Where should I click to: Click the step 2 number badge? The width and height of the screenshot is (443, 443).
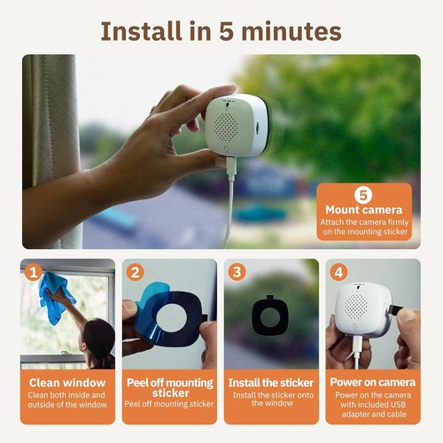(x=135, y=272)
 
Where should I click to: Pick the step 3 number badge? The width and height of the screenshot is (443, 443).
(x=237, y=272)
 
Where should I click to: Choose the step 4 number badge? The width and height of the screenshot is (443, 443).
(x=338, y=272)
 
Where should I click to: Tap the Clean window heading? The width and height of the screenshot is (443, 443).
(x=67, y=383)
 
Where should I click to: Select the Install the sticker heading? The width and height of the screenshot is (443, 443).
(x=271, y=383)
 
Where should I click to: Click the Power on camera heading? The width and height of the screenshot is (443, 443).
(x=373, y=383)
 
